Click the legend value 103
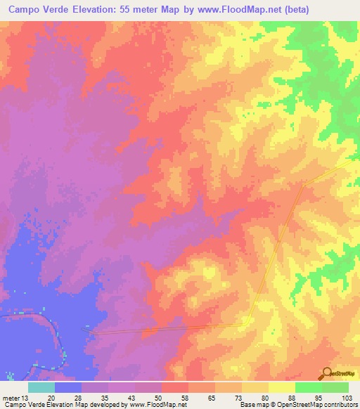(348, 398)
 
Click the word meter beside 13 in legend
(12, 398)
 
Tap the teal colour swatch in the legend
(41, 387)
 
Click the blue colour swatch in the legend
(67, 387)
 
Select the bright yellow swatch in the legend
(281, 387)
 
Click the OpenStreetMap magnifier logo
(327, 373)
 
